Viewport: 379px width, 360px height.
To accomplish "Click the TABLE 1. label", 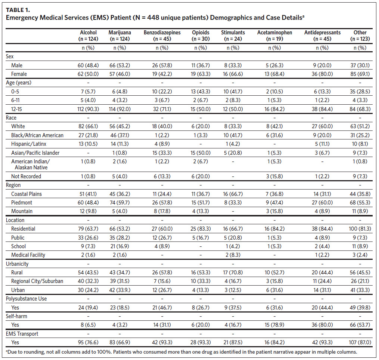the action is pos(18,10).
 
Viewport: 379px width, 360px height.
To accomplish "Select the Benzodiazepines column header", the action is pos(162,36).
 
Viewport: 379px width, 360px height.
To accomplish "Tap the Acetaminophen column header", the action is pos(274,36).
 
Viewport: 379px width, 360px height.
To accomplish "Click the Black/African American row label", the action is pos(37,135).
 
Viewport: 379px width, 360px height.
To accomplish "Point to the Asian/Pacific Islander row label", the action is pos(35,153).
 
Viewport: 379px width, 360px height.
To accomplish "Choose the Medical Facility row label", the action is pos(28,255).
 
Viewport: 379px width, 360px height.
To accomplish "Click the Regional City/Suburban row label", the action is pos(37,281).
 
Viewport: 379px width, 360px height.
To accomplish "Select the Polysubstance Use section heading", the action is pos(27,299).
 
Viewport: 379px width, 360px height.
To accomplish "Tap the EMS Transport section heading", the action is pos(22,334).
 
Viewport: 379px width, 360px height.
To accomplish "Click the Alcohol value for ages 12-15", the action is pos(88,109).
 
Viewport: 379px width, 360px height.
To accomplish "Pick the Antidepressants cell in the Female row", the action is pos(322,74).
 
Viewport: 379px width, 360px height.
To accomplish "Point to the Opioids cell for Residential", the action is pos(201,229).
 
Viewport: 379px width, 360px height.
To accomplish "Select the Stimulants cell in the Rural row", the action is pos(233,273).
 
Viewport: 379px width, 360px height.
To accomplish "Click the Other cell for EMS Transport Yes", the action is pos(360,342).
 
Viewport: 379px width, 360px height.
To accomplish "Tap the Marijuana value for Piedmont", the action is pos(119,203).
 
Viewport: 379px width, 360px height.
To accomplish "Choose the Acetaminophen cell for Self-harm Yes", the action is pos(274,325).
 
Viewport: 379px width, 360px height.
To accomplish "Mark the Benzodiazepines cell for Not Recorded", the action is pos(162,176).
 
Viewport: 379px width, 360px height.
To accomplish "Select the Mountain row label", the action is pos(22,211).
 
